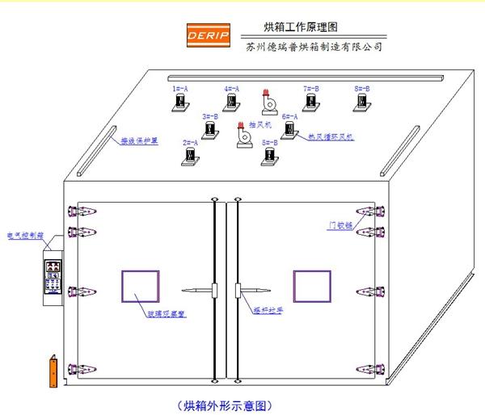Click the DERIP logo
tap(209, 36)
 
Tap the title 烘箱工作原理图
tap(301, 27)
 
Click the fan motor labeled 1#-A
tap(180, 103)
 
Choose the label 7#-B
tap(310, 87)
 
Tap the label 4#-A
tap(232, 87)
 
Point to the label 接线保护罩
tap(138, 140)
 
